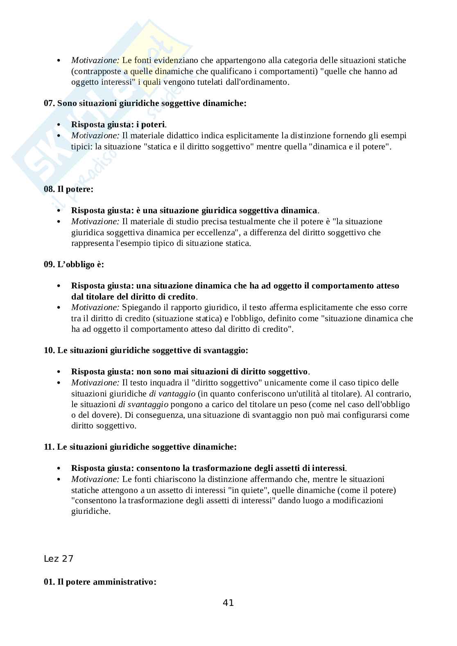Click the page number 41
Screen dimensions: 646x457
[228, 602]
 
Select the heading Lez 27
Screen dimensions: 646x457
[58, 558]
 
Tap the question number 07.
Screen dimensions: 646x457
[49, 103]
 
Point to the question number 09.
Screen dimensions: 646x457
[49, 264]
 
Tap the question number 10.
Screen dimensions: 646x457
[49, 350]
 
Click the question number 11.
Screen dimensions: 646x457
[49, 447]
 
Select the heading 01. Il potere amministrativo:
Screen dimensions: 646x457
[100, 581]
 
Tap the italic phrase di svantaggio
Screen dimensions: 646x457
[143, 404]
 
